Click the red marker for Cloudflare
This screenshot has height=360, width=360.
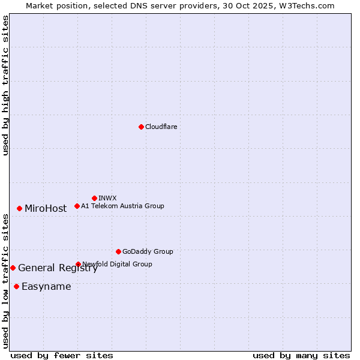pyautogui.click(x=141, y=127)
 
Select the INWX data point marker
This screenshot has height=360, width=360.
pyautogui.click(x=94, y=198)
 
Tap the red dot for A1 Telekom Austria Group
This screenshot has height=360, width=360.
pyautogui.click(x=77, y=206)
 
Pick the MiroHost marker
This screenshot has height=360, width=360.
pyautogui.click(x=19, y=208)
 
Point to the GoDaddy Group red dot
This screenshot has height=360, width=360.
pyautogui.click(x=118, y=251)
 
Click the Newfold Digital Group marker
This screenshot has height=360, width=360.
pyautogui.click(x=78, y=264)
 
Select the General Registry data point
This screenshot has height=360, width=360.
pyautogui.click(x=13, y=268)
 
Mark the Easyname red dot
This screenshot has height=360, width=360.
pyautogui.click(x=16, y=286)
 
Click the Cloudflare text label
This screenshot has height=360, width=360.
pyautogui.click(x=161, y=127)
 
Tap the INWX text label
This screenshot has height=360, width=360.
pyautogui.click(x=107, y=198)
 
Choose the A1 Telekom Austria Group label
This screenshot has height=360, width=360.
pyautogui.click(x=122, y=206)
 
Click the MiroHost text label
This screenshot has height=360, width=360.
pyautogui.click(x=46, y=209)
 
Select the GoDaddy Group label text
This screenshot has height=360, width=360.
pyautogui.click(x=148, y=251)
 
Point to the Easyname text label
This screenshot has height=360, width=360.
pyautogui.click(x=46, y=287)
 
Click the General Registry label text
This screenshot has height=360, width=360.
pyautogui.click(x=58, y=268)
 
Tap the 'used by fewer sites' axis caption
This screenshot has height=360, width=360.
pyautogui.click(x=62, y=355)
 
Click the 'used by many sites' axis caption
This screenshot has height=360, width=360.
pyautogui.click(x=301, y=355)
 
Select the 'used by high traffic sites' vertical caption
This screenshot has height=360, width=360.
pyautogui.click(x=5, y=85)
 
